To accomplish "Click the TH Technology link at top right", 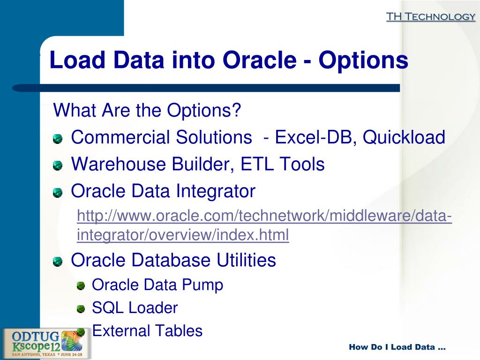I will coord(430,17).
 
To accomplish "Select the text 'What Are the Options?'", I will coord(147,111).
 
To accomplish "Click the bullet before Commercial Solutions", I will coord(57,138).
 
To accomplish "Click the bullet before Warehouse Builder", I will coord(57,165).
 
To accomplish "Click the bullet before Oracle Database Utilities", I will coord(57,261).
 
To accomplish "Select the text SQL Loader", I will coord(135,308).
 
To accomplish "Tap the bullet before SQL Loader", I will coord(81,308).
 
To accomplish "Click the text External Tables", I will coord(147,331).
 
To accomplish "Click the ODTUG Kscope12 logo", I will coord(46,343).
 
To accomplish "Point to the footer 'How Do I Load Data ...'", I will coord(397,347).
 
